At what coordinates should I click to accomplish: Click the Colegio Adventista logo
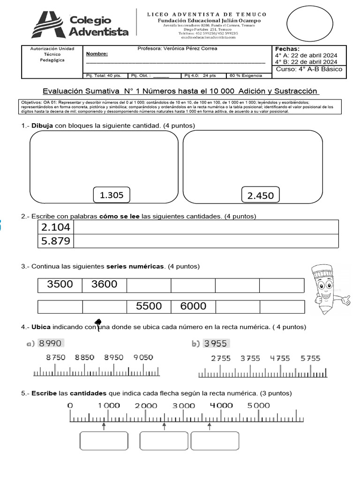[80, 24]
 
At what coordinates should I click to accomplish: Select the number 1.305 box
[112, 195]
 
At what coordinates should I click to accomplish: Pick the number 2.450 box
[260, 195]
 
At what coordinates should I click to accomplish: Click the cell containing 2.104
[56, 227]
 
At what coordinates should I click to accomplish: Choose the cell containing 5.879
[56, 241]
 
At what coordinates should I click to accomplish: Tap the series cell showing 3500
[60, 285]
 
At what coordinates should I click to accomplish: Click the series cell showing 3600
[104, 285]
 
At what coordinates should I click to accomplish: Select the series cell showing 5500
[149, 306]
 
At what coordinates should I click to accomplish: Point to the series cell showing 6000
[193, 306]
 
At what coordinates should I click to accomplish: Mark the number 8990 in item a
[51, 343]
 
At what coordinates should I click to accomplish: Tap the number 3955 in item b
[216, 344]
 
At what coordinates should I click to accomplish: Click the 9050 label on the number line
[143, 357]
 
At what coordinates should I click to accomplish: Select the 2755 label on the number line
[221, 358]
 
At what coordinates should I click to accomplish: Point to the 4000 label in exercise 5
[221, 405]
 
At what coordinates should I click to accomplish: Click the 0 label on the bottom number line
[70, 405]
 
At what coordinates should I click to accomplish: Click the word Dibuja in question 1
[42, 126]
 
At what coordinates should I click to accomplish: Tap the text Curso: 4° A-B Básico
[309, 69]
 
